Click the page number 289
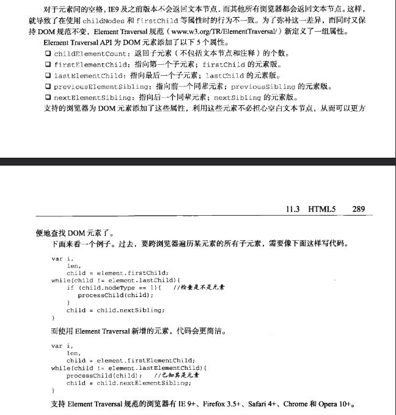coord(359,210)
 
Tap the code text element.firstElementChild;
coord(145,361)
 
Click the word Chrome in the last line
coord(297,405)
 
